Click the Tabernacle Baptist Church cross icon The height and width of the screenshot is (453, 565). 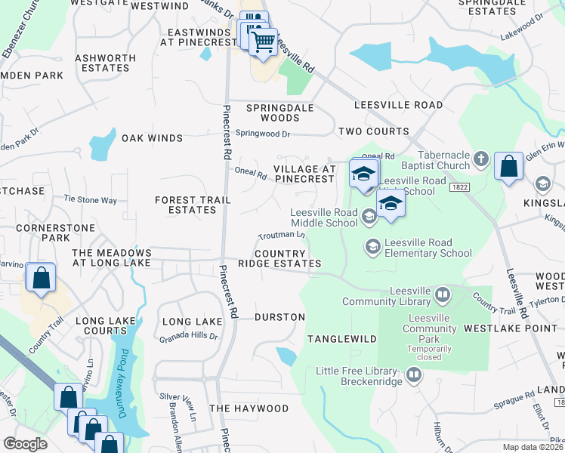[x=481, y=159]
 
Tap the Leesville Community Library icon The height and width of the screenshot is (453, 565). [x=443, y=293]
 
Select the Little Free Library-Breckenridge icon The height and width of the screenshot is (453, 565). [x=413, y=374]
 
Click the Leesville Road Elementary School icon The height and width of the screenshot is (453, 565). [x=372, y=246]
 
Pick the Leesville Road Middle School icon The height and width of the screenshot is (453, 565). [x=369, y=217]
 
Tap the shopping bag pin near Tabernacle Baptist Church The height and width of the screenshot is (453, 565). [x=509, y=165]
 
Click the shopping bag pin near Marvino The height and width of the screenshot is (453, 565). [x=39, y=277]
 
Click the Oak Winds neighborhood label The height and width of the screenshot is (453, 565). [x=153, y=138]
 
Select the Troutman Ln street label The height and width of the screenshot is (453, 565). [x=281, y=236]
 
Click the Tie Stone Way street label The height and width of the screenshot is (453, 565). [x=91, y=200]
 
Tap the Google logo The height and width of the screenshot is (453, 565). [x=25, y=443]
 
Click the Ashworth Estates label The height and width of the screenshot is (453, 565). [x=105, y=63]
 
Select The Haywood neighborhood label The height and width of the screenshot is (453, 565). [x=249, y=408]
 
